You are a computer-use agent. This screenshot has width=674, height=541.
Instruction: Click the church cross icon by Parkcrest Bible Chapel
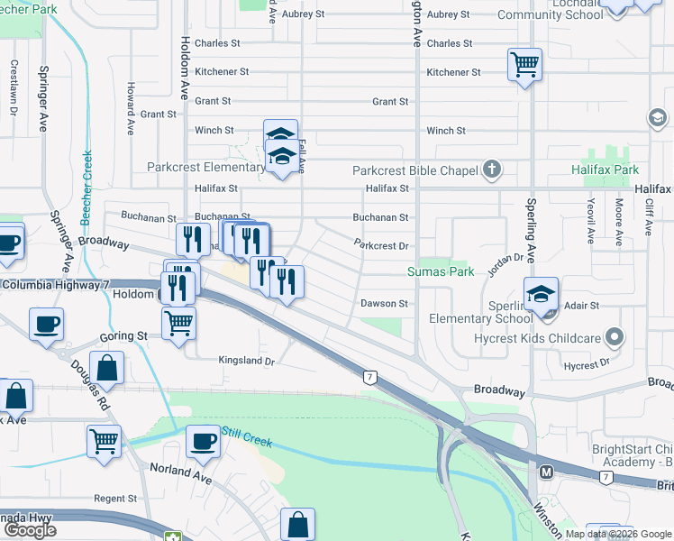coord(491,168)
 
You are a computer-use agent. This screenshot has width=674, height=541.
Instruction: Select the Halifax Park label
coord(605,170)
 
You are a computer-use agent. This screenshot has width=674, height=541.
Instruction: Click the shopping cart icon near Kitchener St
coord(524,65)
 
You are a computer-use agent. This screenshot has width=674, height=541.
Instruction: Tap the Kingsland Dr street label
coord(246,361)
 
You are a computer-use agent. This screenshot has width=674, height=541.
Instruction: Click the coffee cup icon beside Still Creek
coord(203,442)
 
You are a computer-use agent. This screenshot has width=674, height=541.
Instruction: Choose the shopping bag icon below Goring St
coord(106,368)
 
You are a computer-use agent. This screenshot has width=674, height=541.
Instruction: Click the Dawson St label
coord(385,304)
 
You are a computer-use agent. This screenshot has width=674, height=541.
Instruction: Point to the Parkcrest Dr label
coord(382,245)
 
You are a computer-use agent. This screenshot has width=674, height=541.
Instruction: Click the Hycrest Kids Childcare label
coord(540,338)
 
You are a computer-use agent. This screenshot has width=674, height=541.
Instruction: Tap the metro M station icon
coord(545,472)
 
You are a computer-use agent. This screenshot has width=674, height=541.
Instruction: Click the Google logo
coord(31,529)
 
